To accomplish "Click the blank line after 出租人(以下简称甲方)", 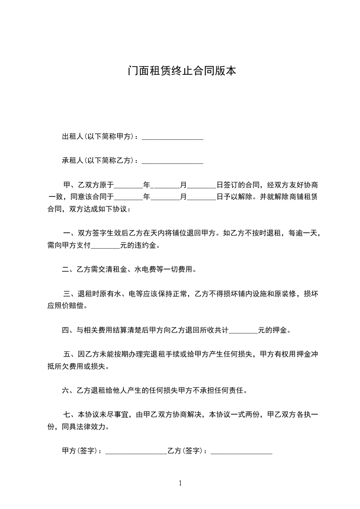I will pos(173,137).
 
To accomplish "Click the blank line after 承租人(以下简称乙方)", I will pos(173,161).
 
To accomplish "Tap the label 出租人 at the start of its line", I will pos(70,137).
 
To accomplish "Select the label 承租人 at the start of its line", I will pos(70,160).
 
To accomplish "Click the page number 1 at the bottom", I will pos(180,483).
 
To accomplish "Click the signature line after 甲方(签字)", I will pos(136,451).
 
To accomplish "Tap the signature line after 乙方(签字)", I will pos(242,451).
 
